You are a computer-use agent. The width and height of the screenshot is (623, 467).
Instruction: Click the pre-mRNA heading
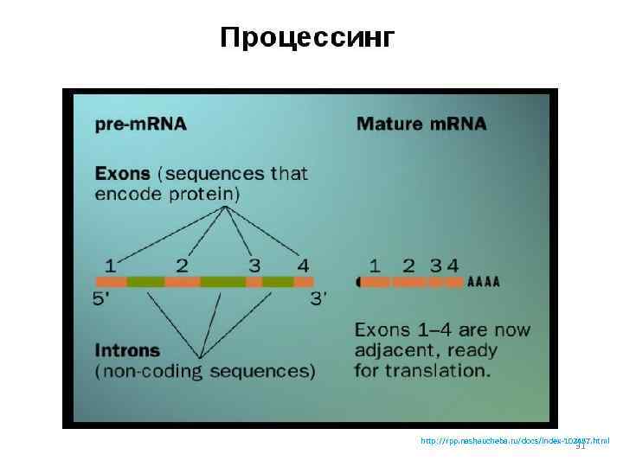(140, 124)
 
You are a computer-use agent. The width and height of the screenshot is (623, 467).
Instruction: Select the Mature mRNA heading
(421, 124)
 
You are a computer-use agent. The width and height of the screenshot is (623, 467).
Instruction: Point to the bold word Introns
(126, 351)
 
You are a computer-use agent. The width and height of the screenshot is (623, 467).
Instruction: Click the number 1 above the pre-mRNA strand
(110, 264)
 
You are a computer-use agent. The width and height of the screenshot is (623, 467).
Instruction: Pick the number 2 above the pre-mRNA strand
(182, 264)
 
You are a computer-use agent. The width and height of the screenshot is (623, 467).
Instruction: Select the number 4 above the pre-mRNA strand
(303, 264)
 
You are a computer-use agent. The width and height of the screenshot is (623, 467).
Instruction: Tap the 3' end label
(318, 299)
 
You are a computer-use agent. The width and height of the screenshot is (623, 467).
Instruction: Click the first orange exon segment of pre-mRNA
(111, 282)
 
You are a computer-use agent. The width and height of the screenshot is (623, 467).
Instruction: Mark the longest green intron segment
(222, 282)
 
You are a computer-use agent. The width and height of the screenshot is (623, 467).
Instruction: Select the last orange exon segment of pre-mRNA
(304, 282)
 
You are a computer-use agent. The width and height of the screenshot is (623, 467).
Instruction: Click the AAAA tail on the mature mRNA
(484, 282)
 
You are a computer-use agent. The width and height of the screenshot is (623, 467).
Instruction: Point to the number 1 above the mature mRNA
(375, 265)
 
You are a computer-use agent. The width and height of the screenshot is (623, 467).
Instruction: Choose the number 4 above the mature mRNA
(453, 265)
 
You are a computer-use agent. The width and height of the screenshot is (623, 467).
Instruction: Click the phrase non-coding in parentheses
(150, 371)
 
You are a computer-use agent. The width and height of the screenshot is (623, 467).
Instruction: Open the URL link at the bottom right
(514, 441)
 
